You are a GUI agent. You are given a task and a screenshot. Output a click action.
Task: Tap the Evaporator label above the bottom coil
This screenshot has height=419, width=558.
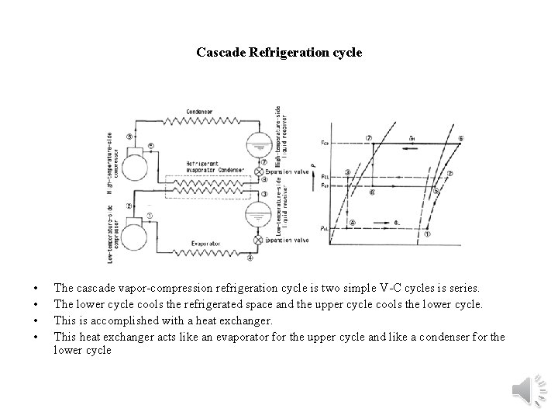[206, 243]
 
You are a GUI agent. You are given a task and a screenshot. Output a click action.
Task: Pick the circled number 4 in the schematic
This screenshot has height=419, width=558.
[250, 259]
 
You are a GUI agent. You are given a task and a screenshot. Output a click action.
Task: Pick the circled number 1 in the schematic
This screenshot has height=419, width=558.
[150, 215]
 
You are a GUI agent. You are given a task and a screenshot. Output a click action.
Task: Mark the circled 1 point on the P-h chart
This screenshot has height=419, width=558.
[427, 233]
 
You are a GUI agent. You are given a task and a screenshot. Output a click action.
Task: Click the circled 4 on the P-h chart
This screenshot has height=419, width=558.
[352, 222]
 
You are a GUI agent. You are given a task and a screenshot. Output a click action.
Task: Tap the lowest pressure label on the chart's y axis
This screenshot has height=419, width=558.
[324, 227]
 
